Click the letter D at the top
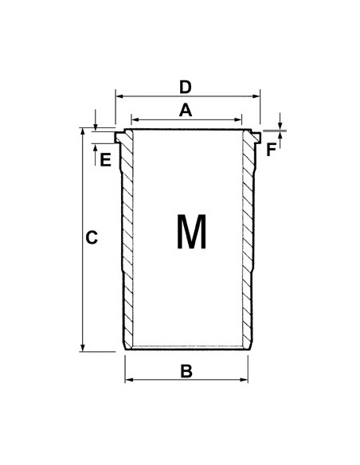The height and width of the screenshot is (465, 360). (185, 85)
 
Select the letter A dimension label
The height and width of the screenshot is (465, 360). (186, 111)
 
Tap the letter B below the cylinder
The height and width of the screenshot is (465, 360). (186, 370)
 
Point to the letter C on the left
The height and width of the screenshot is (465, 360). (92, 237)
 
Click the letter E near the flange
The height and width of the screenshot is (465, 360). (104, 159)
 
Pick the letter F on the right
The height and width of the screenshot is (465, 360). (271, 149)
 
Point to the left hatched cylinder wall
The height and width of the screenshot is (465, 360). (127, 239)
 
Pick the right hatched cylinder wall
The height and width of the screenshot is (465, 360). (246, 239)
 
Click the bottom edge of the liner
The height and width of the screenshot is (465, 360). (186, 348)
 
